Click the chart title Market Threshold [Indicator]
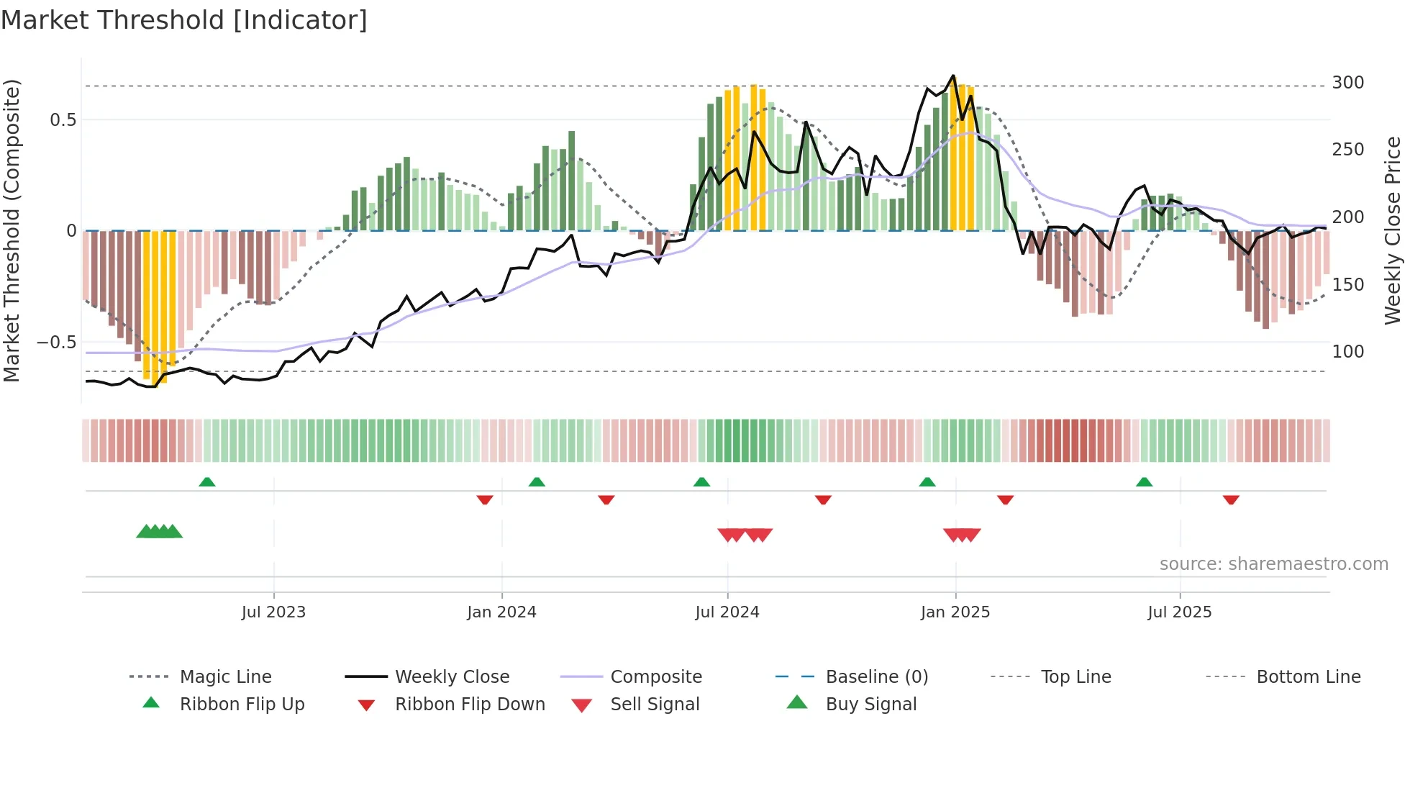(184, 20)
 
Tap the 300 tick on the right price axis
(1347, 83)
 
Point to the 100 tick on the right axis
(1347, 352)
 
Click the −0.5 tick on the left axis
(57, 343)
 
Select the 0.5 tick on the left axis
(63, 120)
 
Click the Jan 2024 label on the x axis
(501, 612)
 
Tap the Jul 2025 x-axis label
(1179, 612)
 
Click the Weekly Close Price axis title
(1393, 230)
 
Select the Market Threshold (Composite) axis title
(12, 230)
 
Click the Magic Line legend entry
(225, 677)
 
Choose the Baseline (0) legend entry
(876, 677)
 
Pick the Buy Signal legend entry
(870, 704)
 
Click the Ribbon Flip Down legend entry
(469, 704)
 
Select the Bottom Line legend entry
(1308, 677)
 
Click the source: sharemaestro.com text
(1273, 564)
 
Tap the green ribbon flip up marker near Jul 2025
(1144, 482)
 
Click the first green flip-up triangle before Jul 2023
(207, 482)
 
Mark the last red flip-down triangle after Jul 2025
(1231, 499)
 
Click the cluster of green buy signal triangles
(159, 532)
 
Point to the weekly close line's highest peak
(953, 76)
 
